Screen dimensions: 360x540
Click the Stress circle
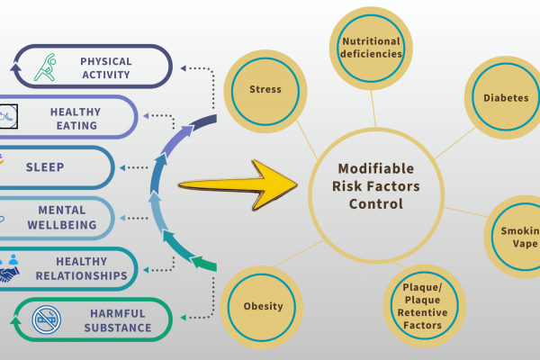coord(265,89)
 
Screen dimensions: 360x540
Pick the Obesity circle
coord(263,306)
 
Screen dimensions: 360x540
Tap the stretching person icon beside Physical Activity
coord(51,67)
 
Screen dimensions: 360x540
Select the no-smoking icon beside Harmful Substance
coord(46,319)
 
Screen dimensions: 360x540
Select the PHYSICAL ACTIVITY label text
coord(105,67)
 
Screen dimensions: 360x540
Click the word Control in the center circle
coord(376,204)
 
